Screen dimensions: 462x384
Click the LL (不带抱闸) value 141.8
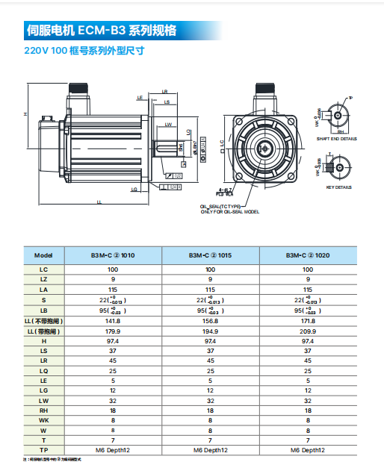(113, 320)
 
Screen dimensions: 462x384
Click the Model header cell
(43, 254)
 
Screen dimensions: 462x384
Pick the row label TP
(43, 450)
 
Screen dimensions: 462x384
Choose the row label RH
(43, 410)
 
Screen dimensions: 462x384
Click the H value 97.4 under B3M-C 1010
(113, 340)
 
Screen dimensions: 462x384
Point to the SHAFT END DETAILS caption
(336, 139)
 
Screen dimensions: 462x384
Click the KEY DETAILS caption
(338, 187)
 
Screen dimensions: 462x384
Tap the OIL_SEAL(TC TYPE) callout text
(221, 206)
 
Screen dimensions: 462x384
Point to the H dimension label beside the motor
(25, 113)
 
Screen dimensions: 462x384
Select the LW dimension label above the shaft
(169, 124)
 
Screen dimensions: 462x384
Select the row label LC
(43, 269)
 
